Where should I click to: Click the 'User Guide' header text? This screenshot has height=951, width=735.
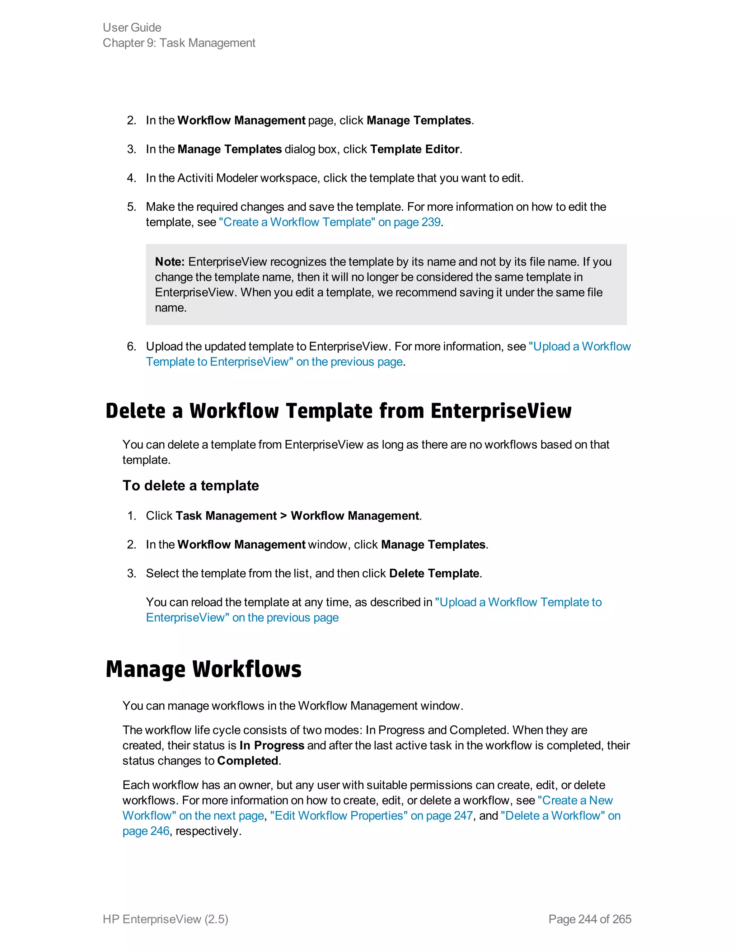[132, 27]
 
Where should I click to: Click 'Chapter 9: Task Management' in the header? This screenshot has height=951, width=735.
[179, 43]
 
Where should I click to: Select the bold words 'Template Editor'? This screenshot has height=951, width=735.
[415, 149]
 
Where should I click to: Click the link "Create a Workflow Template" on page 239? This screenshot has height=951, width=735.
[329, 222]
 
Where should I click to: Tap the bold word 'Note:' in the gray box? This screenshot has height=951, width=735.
[170, 262]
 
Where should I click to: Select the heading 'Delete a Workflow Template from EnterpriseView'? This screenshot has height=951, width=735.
[338, 411]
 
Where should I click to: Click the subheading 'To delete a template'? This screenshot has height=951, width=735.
[191, 486]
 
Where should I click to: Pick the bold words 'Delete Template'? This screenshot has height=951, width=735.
[434, 573]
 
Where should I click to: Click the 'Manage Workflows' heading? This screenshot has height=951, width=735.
[203, 669]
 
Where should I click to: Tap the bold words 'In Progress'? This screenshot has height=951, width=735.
[272, 745]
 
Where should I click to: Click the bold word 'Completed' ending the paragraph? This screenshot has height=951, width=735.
[248, 761]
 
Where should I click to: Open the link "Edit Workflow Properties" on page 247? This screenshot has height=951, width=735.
[371, 816]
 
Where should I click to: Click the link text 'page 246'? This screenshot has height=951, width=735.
[146, 831]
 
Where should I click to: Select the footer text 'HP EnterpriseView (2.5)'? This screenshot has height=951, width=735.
[165, 919]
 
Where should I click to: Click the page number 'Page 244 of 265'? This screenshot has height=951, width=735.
[590, 919]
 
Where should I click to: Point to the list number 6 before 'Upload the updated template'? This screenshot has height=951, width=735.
[131, 346]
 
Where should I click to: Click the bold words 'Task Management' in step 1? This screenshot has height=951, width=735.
[226, 516]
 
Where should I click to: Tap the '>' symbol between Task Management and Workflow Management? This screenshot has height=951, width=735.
[284, 516]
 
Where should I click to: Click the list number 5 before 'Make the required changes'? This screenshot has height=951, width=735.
[131, 206]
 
